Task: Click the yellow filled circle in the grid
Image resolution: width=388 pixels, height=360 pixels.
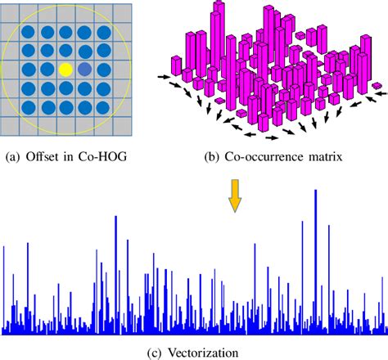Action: [x=65, y=70]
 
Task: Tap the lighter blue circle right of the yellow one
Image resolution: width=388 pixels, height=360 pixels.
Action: [x=85, y=70]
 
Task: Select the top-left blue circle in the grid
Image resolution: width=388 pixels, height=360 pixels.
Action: [x=29, y=34]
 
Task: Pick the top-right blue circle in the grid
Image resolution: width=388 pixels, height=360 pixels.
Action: [x=104, y=34]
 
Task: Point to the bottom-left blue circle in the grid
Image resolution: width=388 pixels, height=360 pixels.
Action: [x=29, y=107]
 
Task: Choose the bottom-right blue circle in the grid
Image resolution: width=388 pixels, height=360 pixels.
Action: [x=104, y=107]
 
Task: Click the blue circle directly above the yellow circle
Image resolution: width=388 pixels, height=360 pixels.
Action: [x=65, y=52]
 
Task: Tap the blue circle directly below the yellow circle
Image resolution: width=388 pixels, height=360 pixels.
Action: [x=65, y=89]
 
